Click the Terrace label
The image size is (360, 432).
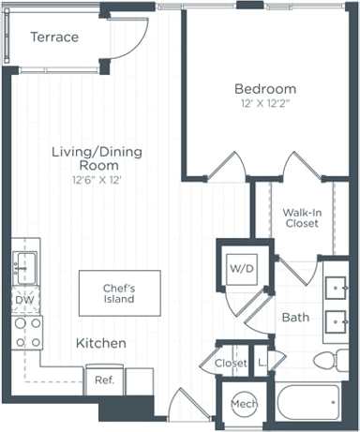53,37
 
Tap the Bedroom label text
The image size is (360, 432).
265,89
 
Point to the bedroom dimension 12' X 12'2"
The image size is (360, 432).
265,104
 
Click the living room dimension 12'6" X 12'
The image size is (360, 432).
96,179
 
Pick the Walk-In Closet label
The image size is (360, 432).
303,218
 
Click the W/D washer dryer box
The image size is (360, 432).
243,269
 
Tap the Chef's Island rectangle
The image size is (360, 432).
119,292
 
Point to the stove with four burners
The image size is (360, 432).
26,332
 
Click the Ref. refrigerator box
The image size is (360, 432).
103,380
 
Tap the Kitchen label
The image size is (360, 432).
101,344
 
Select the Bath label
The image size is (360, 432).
295,318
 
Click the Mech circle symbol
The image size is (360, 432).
243,405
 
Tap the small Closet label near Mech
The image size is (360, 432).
231,363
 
